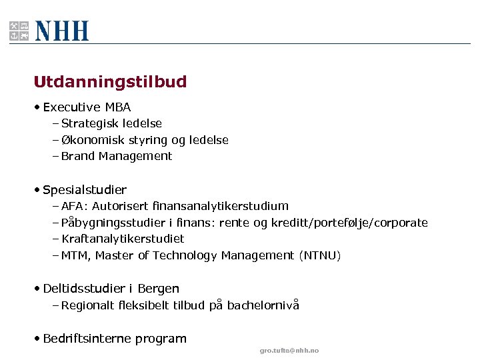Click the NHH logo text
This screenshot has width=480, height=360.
pyautogui.click(x=62, y=31)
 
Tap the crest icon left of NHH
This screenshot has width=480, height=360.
pyautogui.click(x=19, y=31)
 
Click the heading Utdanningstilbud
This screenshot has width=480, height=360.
pyautogui.click(x=110, y=82)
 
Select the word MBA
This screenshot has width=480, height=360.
pyautogui.click(x=118, y=107)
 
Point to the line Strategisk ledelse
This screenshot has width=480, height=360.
pyautogui.click(x=111, y=123)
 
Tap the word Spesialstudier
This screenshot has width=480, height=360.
pyautogui.click(x=85, y=190)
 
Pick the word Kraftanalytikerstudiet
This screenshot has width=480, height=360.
pyautogui.click(x=123, y=239)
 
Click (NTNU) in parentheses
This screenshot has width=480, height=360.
pyautogui.click(x=320, y=255)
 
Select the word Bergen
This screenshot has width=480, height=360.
pyautogui.click(x=158, y=289)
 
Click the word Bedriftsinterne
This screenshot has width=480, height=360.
pyautogui.click(x=87, y=339)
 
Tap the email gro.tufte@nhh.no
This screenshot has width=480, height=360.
pyautogui.click(x=289, y=351)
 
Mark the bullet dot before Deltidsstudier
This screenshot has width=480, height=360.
pyautogui.click(x=37, y=289)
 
